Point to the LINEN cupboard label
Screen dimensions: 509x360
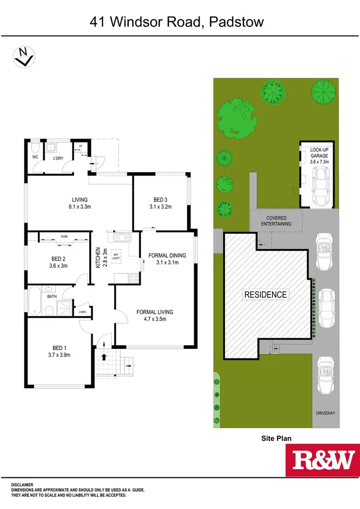(x=83, y=312)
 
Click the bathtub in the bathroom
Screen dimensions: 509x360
(x=36, y=301)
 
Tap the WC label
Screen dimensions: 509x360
(x=35, y=156)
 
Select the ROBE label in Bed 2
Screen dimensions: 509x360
(x=64, y=236)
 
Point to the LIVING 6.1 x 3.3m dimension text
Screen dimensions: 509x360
(x=80, y=207)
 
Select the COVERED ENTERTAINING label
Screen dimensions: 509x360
(x=276, y=221)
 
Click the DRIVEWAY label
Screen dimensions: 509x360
(x=326, y=413)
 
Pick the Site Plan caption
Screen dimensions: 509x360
(x=276, y=438)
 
